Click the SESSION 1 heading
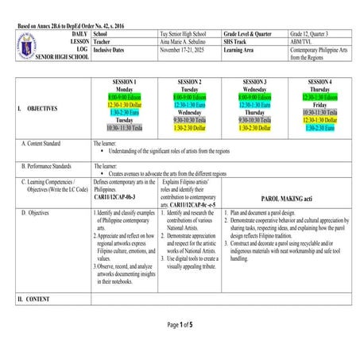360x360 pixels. click(123, 82)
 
